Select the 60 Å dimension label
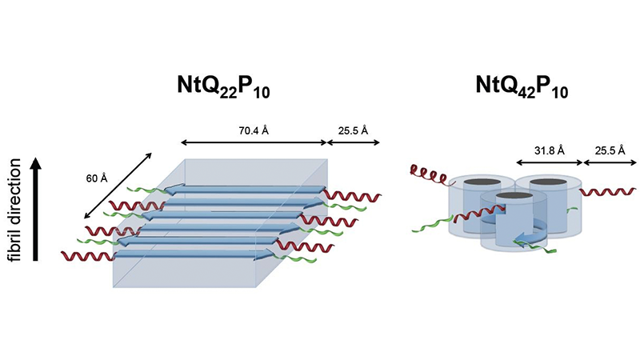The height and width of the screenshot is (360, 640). coord(98,178)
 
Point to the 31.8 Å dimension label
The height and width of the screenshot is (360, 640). coord(549,150)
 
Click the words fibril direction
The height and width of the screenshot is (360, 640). coord(14,208)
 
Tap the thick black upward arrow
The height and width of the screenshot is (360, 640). coord(34,208)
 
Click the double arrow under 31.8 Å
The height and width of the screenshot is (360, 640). coord(549,162)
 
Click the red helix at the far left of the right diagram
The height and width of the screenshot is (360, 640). coord(427,172)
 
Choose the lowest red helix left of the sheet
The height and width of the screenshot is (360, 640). coord(86,257)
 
